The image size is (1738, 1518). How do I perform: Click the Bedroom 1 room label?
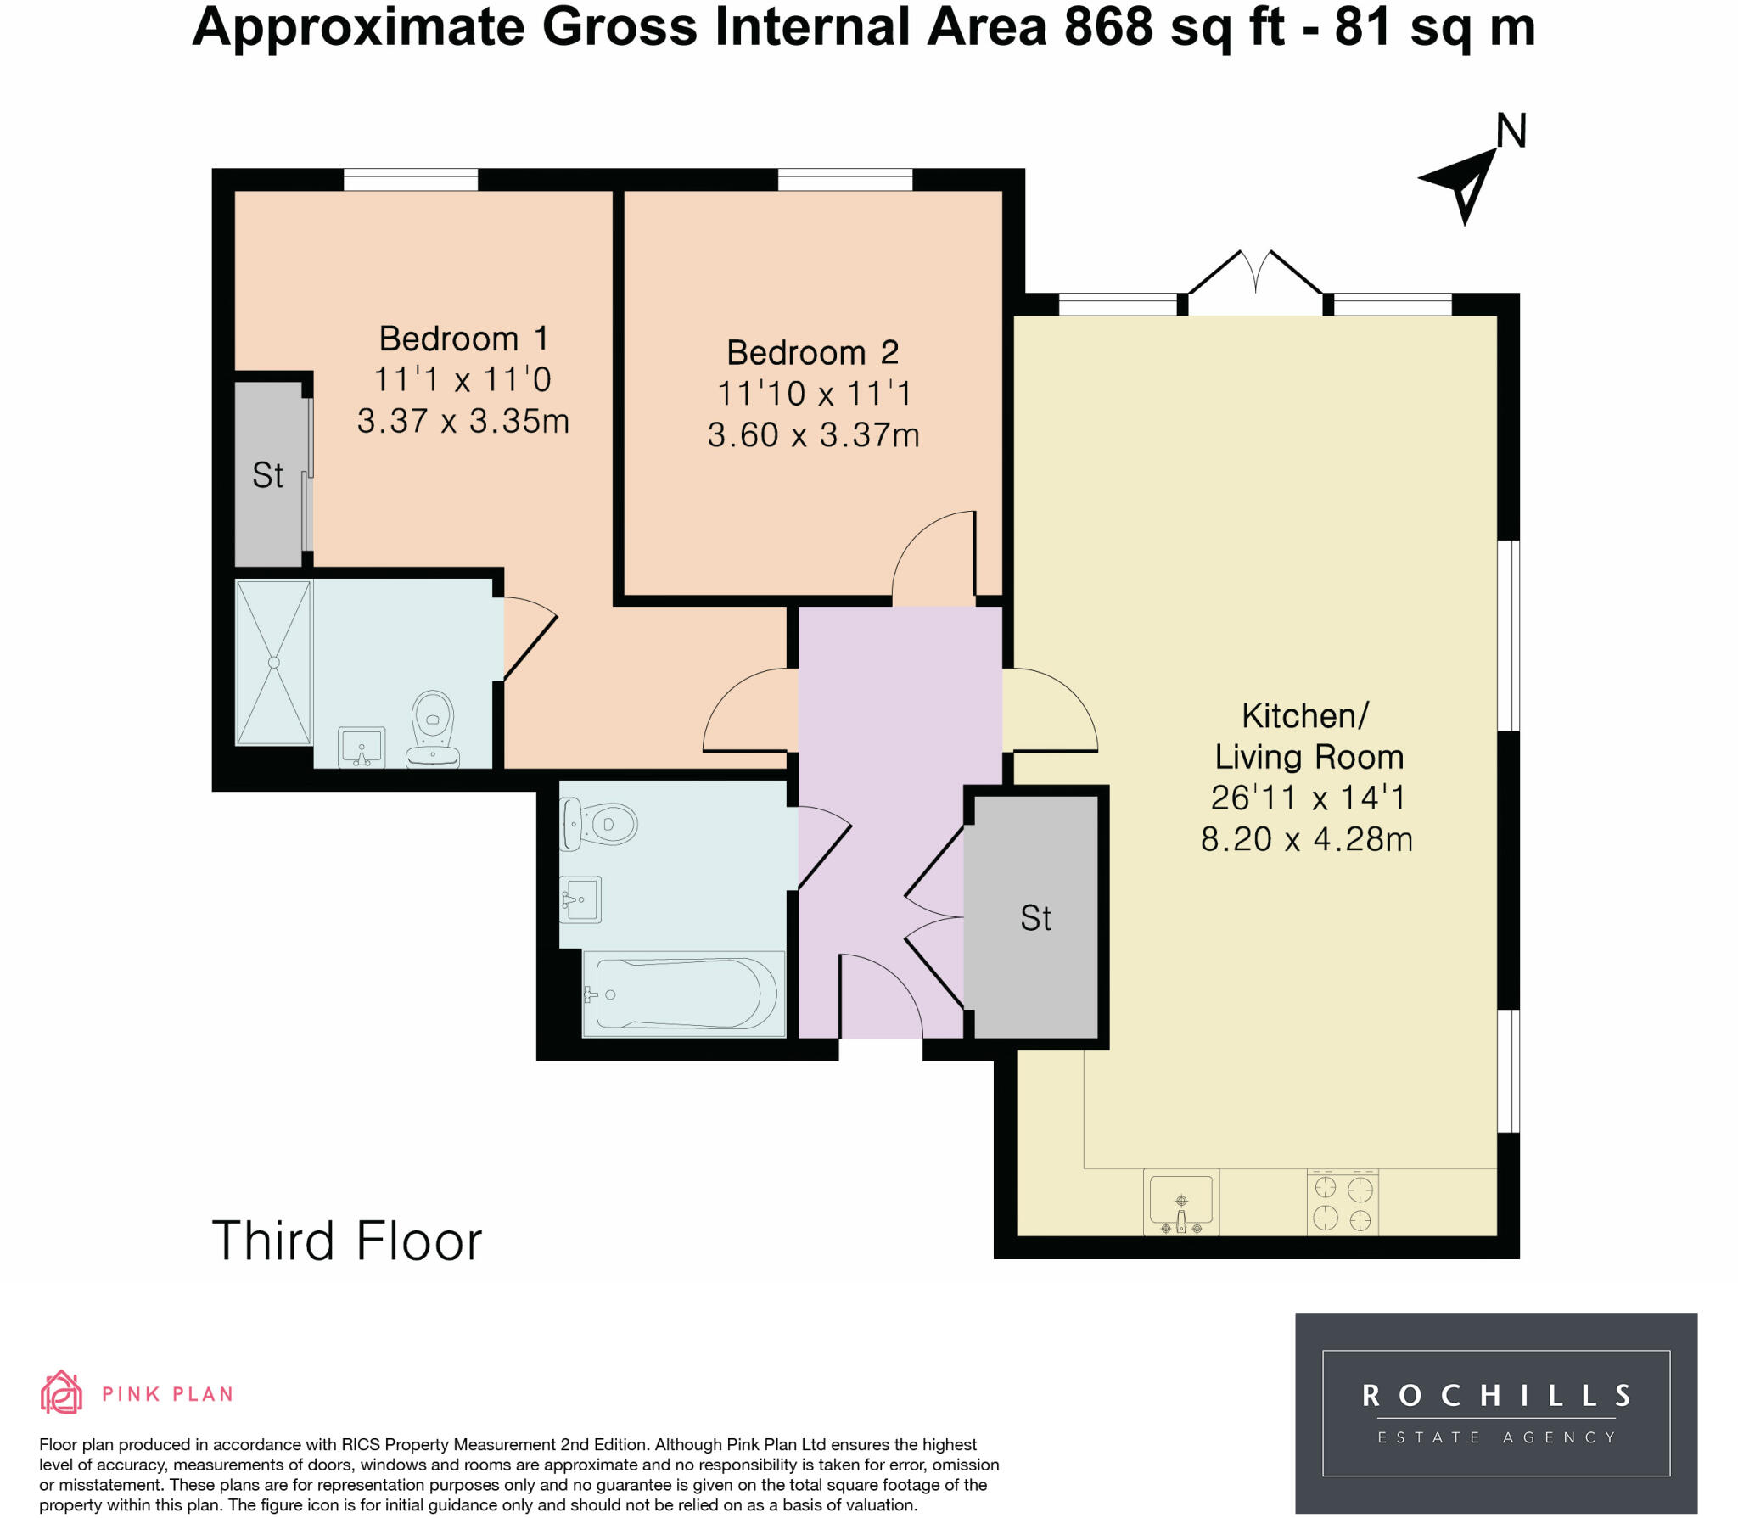tap(463, 339)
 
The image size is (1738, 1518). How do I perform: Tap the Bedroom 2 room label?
tap(812, 352)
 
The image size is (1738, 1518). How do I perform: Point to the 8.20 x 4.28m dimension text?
tap(1306, 839)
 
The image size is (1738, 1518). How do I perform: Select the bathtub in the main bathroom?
tap(684, 993)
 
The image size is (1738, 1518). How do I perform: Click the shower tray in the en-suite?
tap(273, 663)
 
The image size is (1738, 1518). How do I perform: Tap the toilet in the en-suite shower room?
tap(433, 728)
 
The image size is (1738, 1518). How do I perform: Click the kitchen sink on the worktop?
tap(1181, 1202)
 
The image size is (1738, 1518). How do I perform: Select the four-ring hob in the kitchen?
tap(1343, 1202)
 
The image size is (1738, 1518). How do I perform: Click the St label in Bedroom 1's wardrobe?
tap(267, 475)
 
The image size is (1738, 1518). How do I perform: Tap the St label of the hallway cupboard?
tap(1035, 918)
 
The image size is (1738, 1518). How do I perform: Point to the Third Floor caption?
tap(347, 1241)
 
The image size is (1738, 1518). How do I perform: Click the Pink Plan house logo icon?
tap(61, 1392)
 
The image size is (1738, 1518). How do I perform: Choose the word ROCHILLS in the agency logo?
tap(1496, 1396)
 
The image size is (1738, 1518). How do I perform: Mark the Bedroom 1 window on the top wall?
tap(411, 180)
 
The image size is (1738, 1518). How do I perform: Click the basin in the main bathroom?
tap(580, 899)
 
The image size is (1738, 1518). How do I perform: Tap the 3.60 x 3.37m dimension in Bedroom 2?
tap(813, 435)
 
